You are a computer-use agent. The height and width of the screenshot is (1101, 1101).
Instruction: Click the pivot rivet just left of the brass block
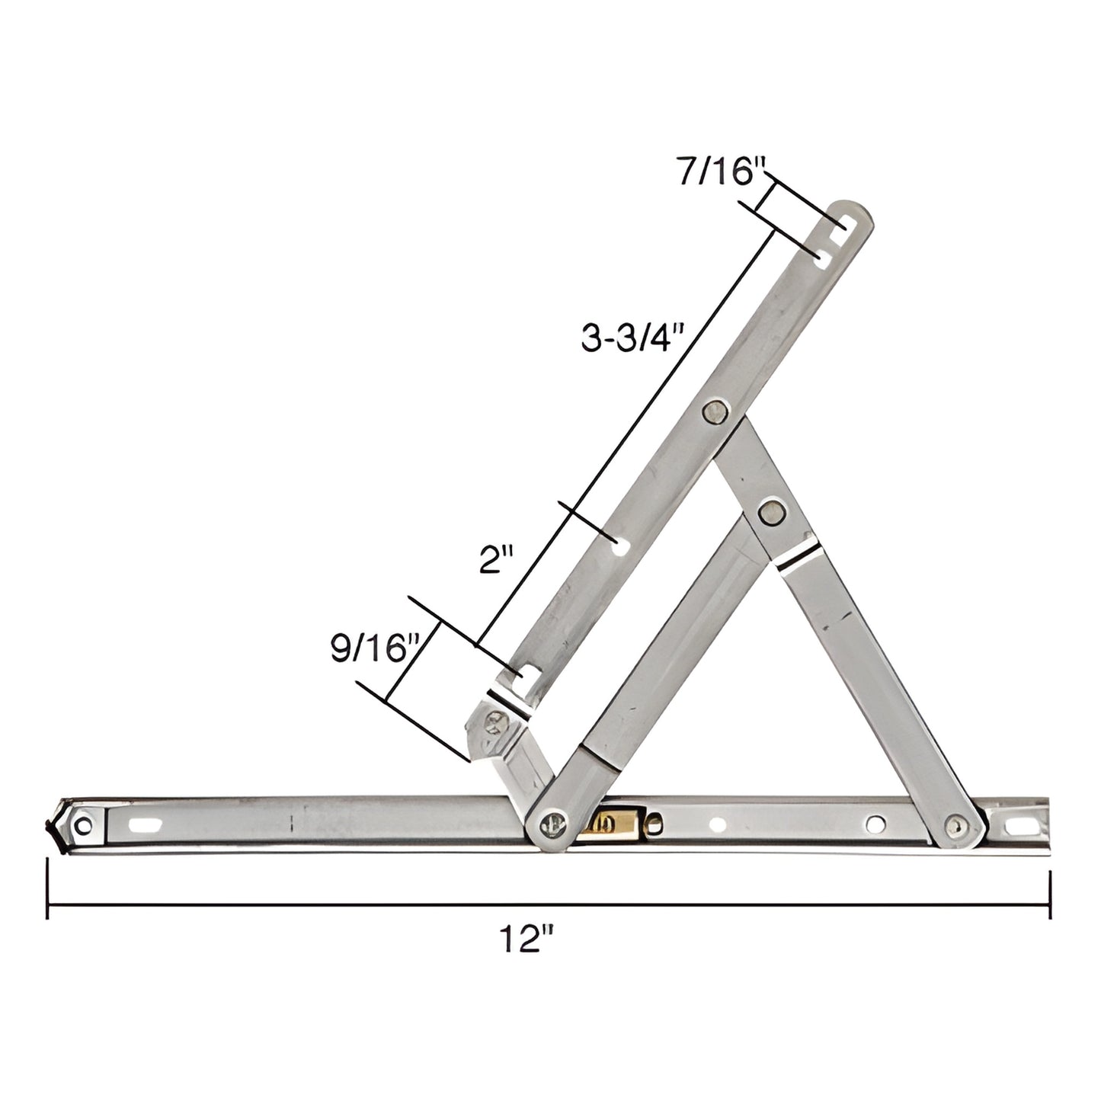[552, 824]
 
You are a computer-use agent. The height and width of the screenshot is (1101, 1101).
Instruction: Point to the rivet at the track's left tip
[84, 824]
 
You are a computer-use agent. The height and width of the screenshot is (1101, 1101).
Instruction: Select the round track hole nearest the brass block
[717, 824]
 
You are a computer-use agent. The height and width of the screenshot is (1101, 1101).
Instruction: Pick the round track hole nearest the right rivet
[876, 824]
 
